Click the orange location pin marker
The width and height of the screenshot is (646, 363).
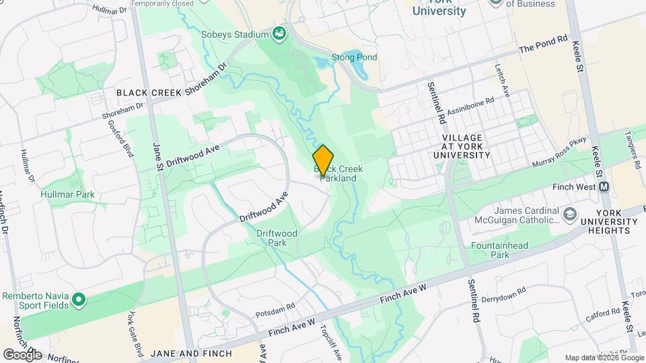point(324,160)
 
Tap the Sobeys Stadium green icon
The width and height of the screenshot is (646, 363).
point(279,34)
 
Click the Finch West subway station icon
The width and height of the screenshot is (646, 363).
point(604,187)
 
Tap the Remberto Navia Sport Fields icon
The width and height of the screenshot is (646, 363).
point(78,298)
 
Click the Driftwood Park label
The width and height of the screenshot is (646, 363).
point(277,238)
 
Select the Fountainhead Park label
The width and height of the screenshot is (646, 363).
point(499,251)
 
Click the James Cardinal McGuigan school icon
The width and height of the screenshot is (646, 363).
point(571,214)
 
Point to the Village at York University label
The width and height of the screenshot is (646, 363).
point(466,146)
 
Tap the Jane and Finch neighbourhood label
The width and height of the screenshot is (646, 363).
point(191,354)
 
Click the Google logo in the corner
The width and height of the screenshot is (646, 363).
point(22,354)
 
